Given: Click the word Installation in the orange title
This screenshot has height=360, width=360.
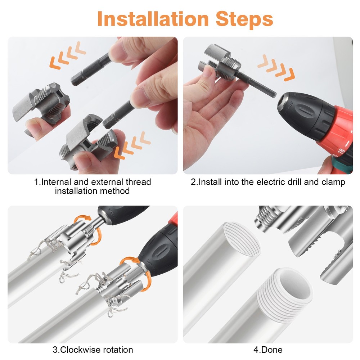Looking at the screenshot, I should tap(151, 18).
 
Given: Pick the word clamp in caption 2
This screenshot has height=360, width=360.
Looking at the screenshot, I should tap(333, 182).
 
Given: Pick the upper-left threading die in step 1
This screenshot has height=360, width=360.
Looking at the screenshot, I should tap(41, 104).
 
